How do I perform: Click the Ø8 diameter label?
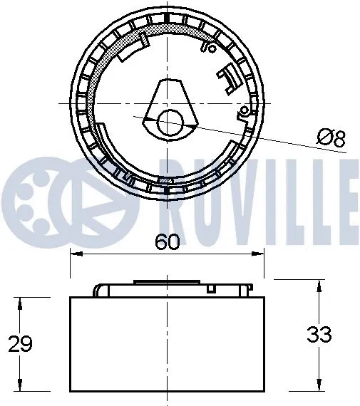pos(331,138)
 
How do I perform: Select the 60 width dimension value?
pos(166,243)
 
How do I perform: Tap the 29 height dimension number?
pos(21,344)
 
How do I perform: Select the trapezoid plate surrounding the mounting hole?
pos(168,107)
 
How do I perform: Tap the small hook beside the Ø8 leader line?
pos(245,110)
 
